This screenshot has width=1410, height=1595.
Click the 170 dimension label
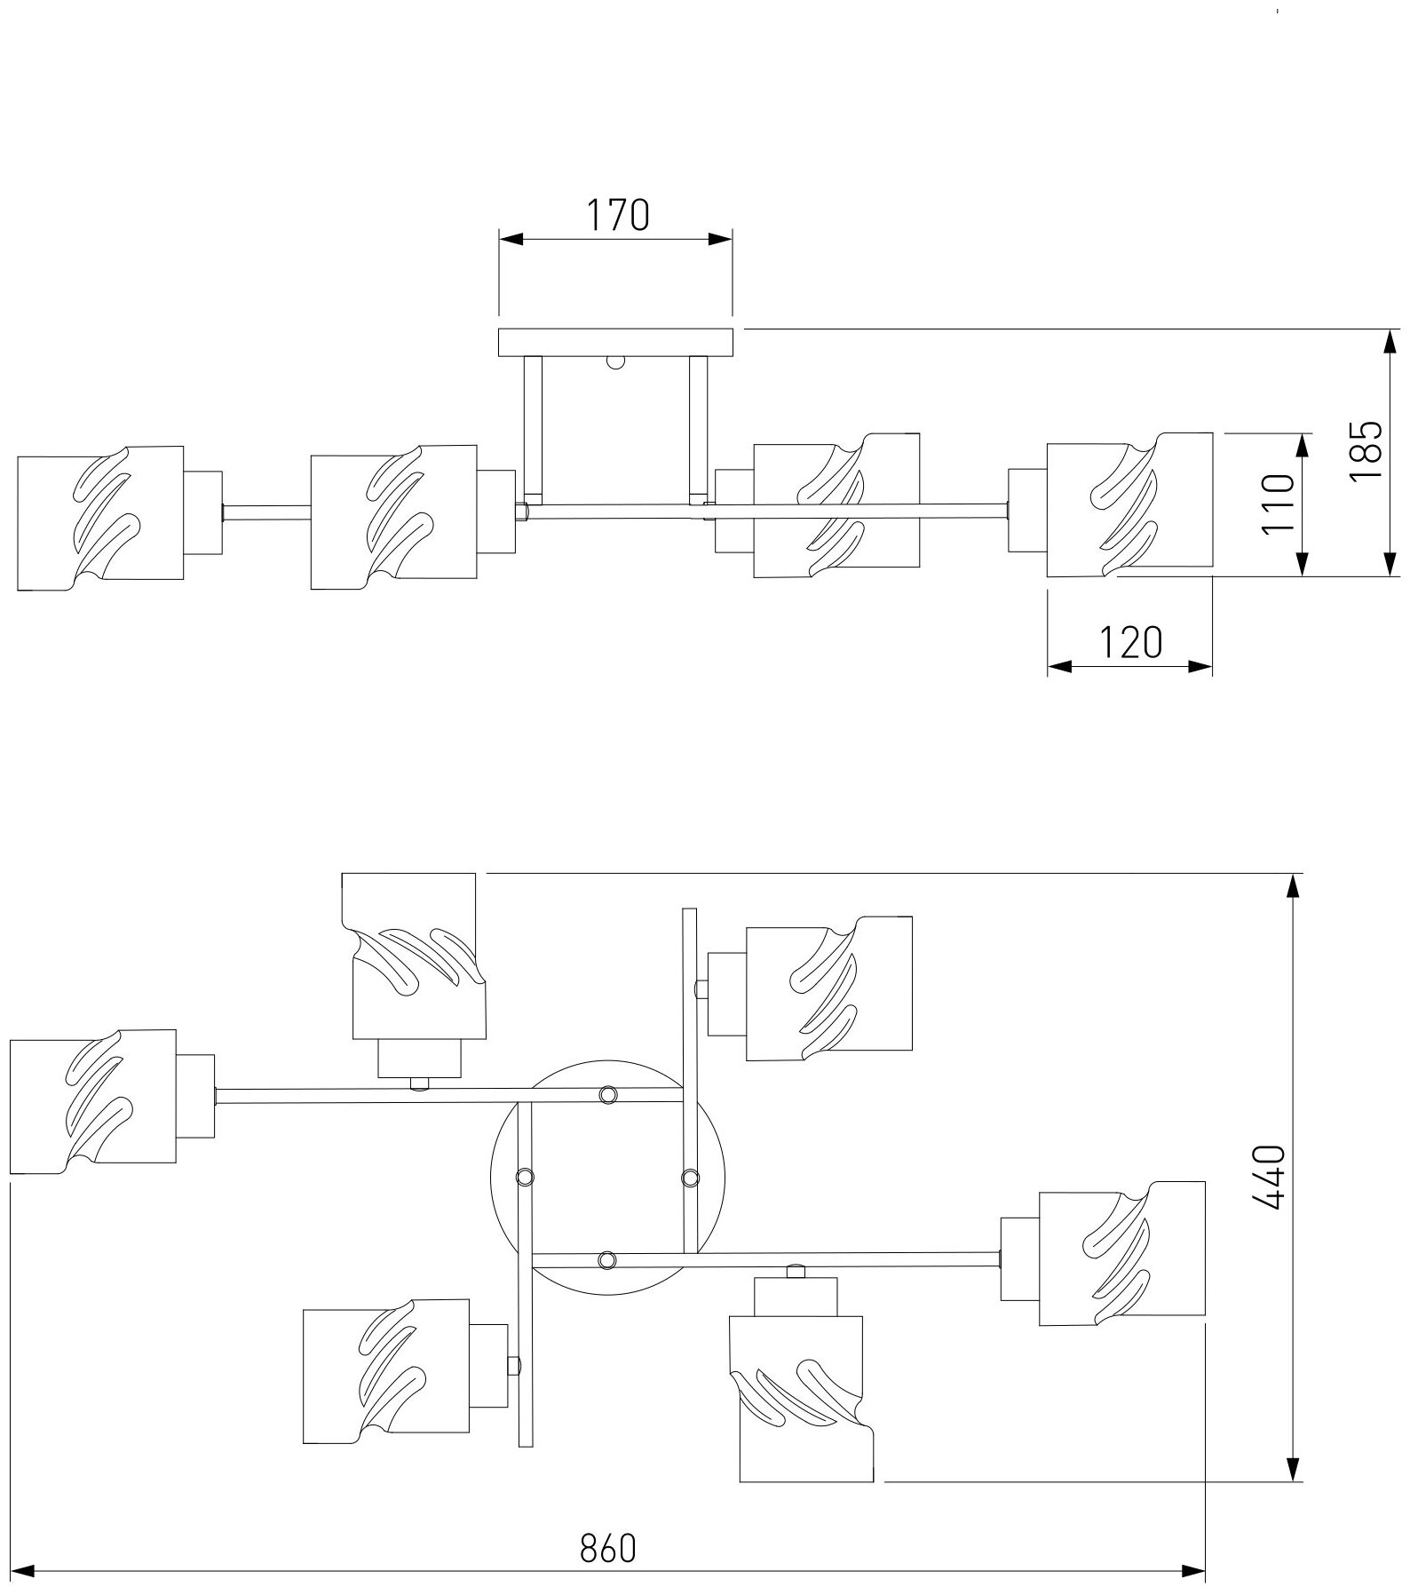617,216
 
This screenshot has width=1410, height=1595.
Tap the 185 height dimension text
1366,451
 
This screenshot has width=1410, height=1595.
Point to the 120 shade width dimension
1131,642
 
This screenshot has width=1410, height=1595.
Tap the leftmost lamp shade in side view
100,518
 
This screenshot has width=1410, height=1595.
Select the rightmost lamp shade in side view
1129,504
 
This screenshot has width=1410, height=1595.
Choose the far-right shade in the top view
1122,1252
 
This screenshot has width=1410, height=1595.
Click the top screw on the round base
607,1094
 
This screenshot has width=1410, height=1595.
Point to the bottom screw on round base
607,1259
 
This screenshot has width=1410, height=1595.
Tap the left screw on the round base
525,1177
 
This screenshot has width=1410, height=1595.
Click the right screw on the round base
690,1178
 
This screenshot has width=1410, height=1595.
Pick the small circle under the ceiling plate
615,361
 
